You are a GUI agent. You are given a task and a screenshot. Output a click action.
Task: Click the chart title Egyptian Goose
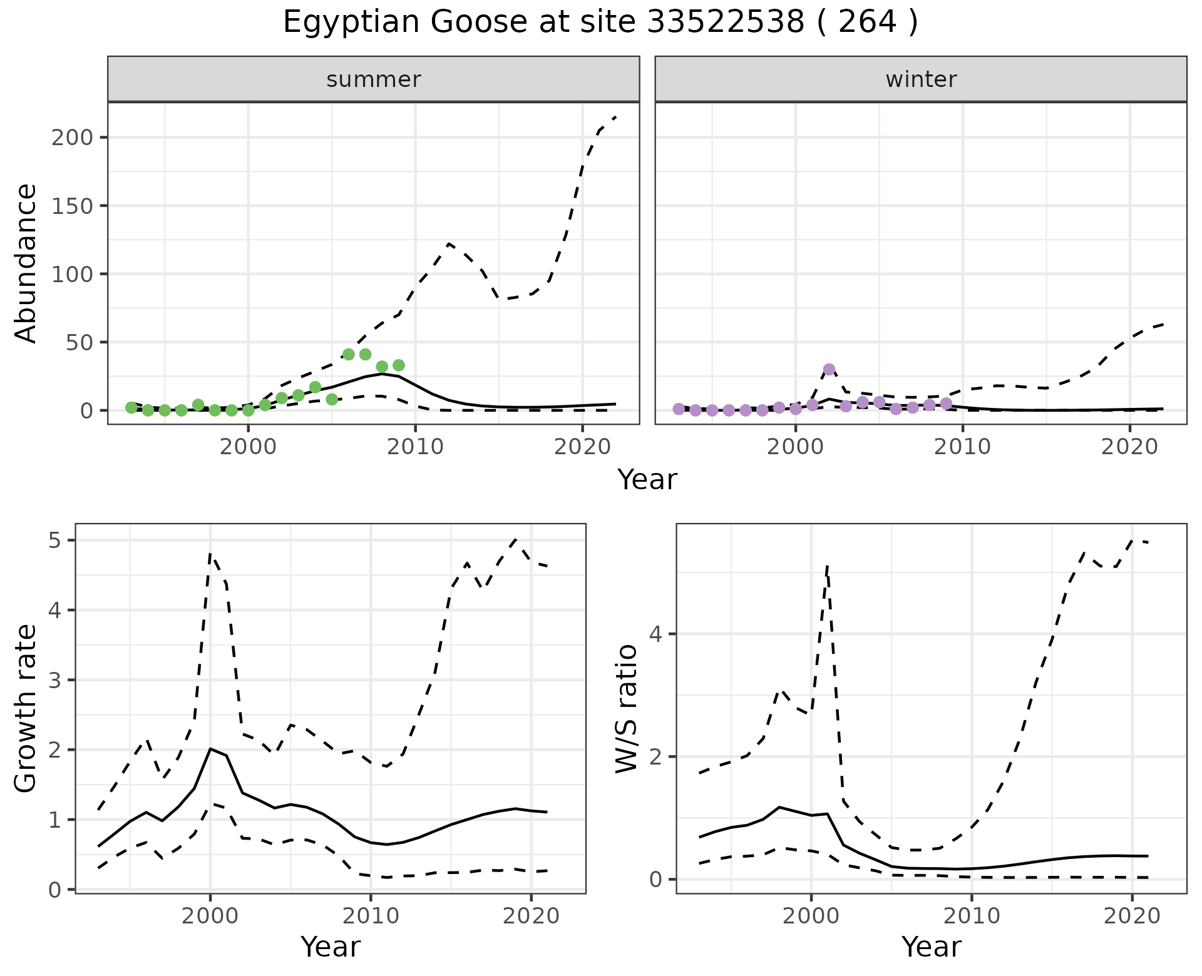600,23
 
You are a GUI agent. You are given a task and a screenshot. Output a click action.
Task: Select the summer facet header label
374,79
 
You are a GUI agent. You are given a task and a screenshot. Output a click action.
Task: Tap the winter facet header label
921,79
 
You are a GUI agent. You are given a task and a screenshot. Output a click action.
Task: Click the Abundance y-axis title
26,263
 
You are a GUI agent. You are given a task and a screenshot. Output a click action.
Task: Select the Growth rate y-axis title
26,708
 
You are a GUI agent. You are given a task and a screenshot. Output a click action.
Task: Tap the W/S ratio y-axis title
627,709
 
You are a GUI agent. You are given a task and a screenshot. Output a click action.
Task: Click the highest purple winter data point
830,369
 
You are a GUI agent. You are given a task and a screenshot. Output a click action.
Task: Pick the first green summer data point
131,407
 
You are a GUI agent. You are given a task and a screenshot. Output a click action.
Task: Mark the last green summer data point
399,365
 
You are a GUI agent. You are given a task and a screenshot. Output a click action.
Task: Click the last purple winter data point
946,404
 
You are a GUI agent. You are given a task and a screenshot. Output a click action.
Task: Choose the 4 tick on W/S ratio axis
655,634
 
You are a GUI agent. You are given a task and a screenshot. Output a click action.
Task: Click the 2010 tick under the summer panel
416,447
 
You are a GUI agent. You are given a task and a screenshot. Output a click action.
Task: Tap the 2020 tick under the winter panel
1130,447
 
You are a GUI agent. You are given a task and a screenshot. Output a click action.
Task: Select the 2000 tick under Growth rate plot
210,917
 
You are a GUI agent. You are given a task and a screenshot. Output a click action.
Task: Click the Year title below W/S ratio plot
932,947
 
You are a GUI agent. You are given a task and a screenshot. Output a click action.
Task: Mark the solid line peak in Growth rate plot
210,748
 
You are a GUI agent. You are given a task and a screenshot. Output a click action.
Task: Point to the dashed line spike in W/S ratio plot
828,566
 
